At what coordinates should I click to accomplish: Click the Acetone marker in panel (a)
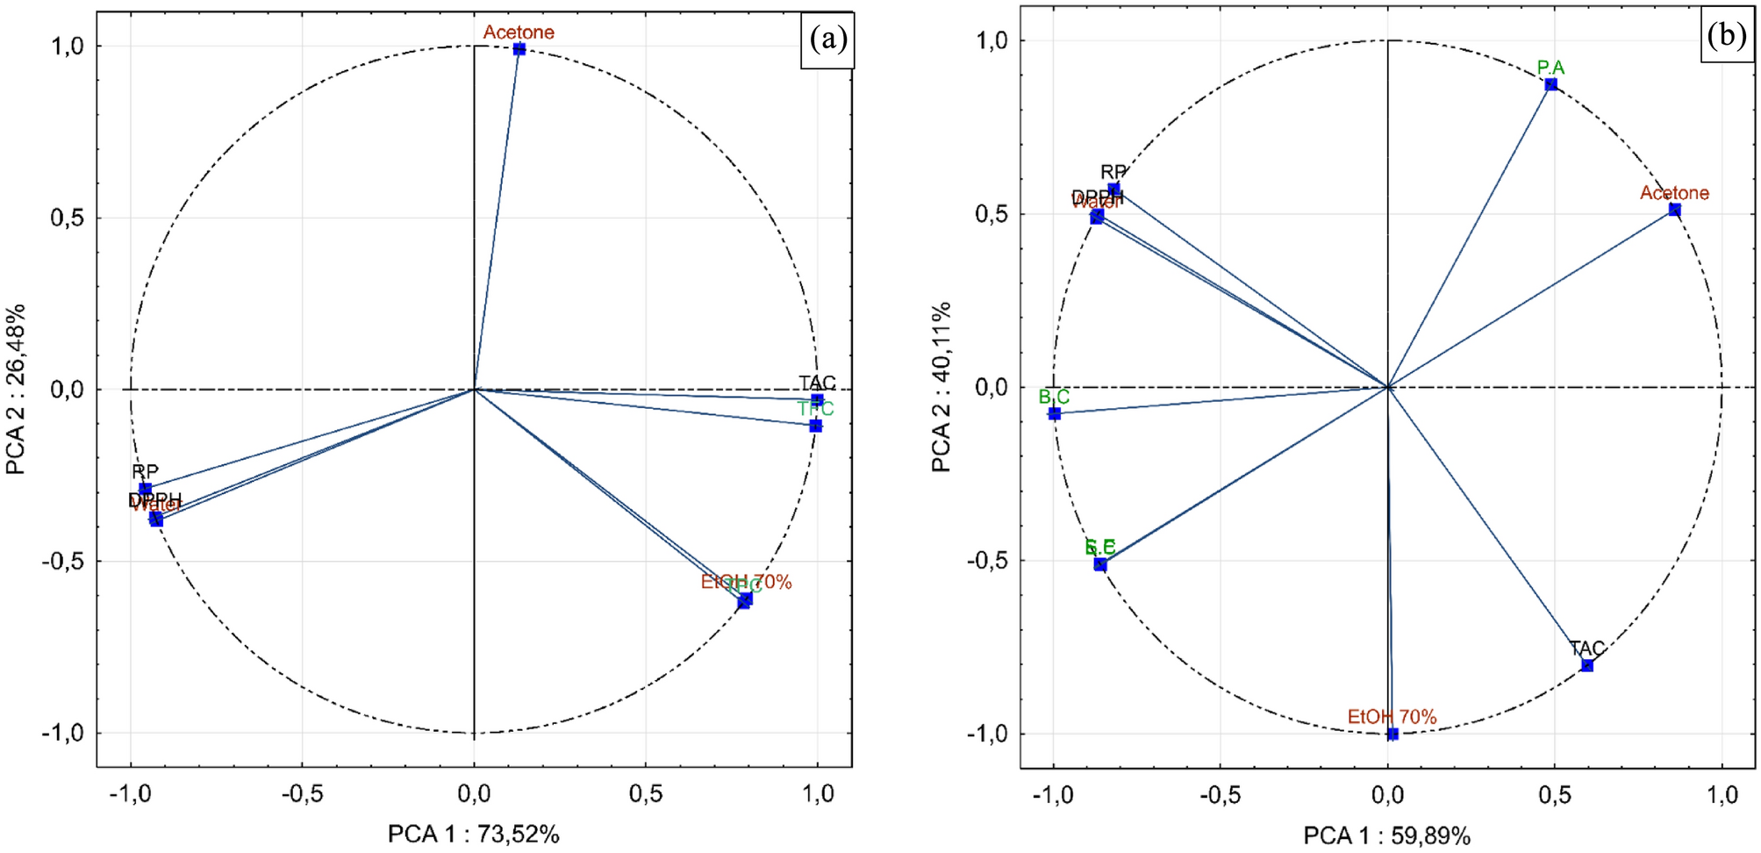click(x=519, y=49)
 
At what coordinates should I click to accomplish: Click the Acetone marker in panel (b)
click(x=1674, y=210)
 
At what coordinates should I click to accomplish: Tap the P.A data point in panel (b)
click(x=1550, y=84)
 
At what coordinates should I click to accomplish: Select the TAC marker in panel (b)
click(x=1586, y=665)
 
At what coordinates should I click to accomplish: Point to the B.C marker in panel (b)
click(x=1054, y=413)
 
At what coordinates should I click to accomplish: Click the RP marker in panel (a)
click(x=146, y=489)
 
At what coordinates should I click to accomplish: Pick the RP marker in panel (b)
click(x=1113, y=190)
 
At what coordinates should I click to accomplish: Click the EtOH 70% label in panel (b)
click(x=1392, y=717)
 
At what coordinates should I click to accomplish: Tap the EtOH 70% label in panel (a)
click(x=746, y=582)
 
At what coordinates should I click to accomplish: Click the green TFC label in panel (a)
click(x=815, y=408)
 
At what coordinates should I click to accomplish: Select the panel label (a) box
click(x=827, y=39)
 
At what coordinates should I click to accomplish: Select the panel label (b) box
click(x=1727, y=36)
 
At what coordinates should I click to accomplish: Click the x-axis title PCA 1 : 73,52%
click(x=474, y=834)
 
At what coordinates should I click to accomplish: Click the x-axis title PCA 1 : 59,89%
click(x=1386, y=835)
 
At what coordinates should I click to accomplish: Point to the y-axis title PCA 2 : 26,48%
click(x=16, y=389)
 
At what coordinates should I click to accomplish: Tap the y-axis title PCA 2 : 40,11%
click(x=941, y=387)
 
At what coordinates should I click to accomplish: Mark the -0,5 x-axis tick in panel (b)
click(x=1220, y=795)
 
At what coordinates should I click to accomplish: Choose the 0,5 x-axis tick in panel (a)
click(x=646, y=794)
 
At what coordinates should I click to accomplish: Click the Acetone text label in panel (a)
click(x=519, y=32)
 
